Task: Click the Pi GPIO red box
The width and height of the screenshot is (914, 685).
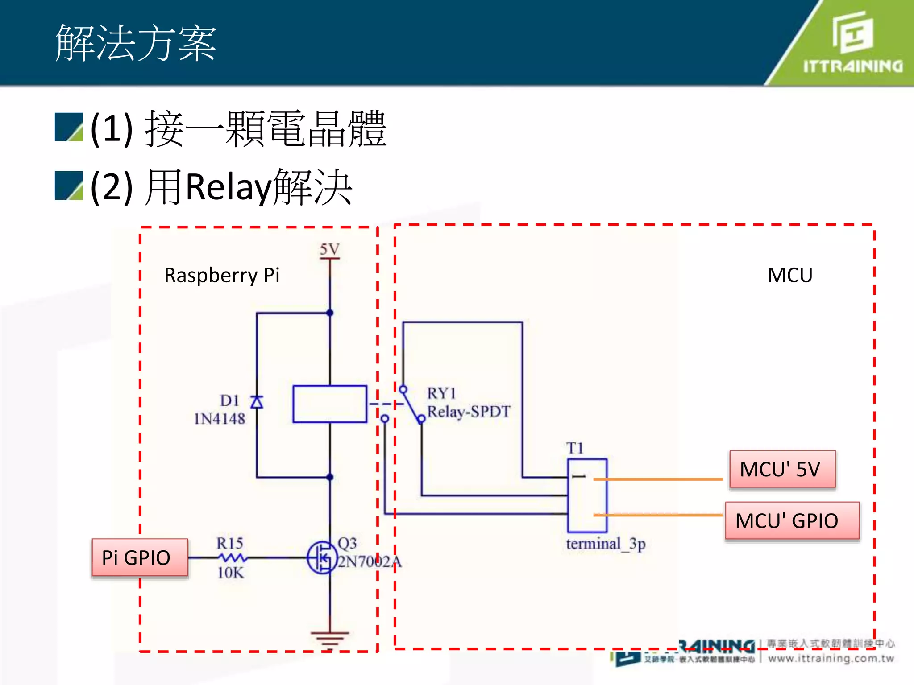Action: coord(140,557)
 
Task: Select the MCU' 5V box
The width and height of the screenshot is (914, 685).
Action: coord(782,469)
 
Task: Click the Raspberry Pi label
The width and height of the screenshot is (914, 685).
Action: coord(222,275)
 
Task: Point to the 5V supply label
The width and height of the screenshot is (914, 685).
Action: coord(329,249)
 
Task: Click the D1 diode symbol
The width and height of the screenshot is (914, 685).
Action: coord(257,402)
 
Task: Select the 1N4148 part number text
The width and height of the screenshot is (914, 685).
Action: coord(219,419)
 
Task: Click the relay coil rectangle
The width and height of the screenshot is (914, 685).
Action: coord(330,404)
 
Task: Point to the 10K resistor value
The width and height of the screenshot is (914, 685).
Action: coord(231,573)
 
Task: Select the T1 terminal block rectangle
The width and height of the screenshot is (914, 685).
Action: coord(587,495)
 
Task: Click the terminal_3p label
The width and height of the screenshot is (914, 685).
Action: coord(606,544)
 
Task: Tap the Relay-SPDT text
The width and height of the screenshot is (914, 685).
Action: coord(469,411)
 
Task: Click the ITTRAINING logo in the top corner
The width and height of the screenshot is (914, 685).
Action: coord(852,42)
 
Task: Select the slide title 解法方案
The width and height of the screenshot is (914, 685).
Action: coord(136,43)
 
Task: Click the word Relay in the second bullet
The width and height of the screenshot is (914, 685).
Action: coord(228,187)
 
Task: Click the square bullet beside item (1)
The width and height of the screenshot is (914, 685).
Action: coord(69,127)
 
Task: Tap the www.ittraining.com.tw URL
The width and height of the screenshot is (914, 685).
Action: coord(831,658)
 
